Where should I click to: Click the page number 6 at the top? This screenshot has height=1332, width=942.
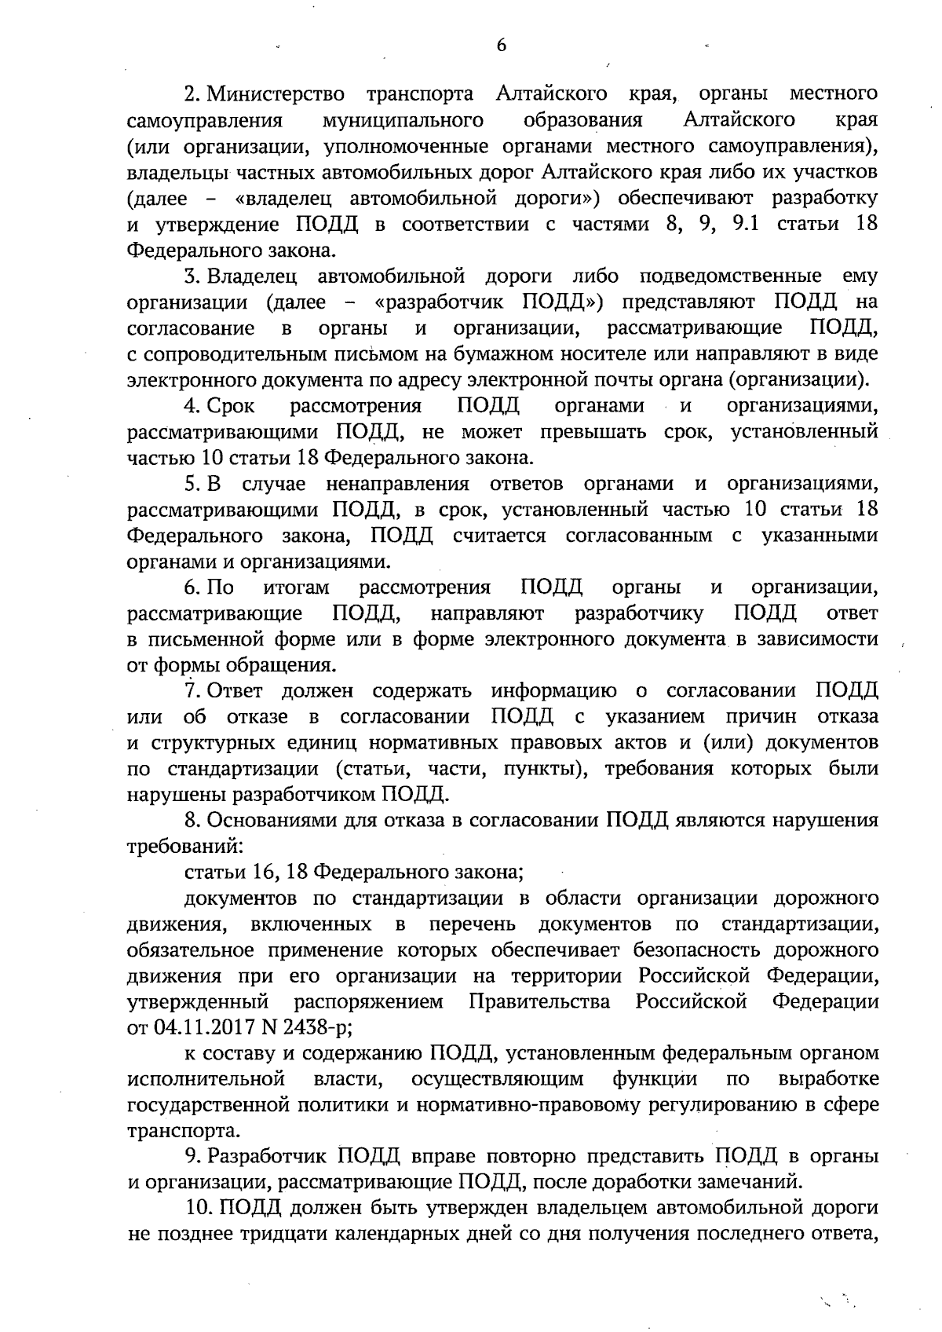[501, 45]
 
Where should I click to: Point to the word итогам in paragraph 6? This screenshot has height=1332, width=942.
[296, 587]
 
